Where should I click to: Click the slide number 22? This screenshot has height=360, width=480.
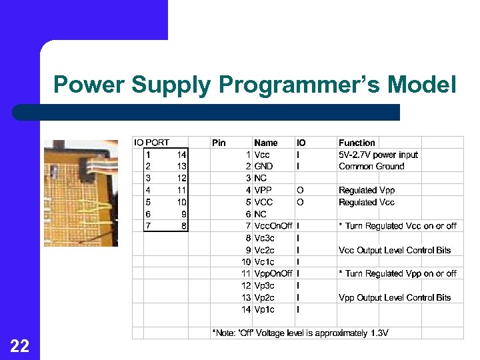[x=19, y=345]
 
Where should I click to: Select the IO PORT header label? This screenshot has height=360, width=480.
[x=152, y=143]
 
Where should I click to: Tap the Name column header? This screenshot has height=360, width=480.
[x=266, y=143]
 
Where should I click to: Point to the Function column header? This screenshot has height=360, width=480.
[x=357, y=143]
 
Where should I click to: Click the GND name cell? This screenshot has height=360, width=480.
[x=263, y=167]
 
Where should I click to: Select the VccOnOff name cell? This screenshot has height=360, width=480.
[x=273, y=226]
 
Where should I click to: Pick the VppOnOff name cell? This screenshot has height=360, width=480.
[x=273, y=274]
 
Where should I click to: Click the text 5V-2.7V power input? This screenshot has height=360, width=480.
[x=378, y=155]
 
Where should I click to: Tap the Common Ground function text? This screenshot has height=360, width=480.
[x=371, y=167]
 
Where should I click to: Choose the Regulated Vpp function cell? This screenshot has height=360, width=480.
[x=367, y=191]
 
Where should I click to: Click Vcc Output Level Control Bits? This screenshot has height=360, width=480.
[x=395, y=250]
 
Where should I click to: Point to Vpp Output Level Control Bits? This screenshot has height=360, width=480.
[x=395, y=298]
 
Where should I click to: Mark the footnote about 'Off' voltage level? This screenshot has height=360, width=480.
[x=300, y=333]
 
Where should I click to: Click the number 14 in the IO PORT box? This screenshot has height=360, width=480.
[x=181, y=155]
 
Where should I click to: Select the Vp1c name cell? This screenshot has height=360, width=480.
[x=264, y=310]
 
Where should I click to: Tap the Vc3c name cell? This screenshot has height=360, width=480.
[x=264, y=238]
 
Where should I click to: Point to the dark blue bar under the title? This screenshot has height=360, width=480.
[x=207, y=112]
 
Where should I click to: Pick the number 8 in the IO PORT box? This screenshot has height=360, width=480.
[x=183, y=226]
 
